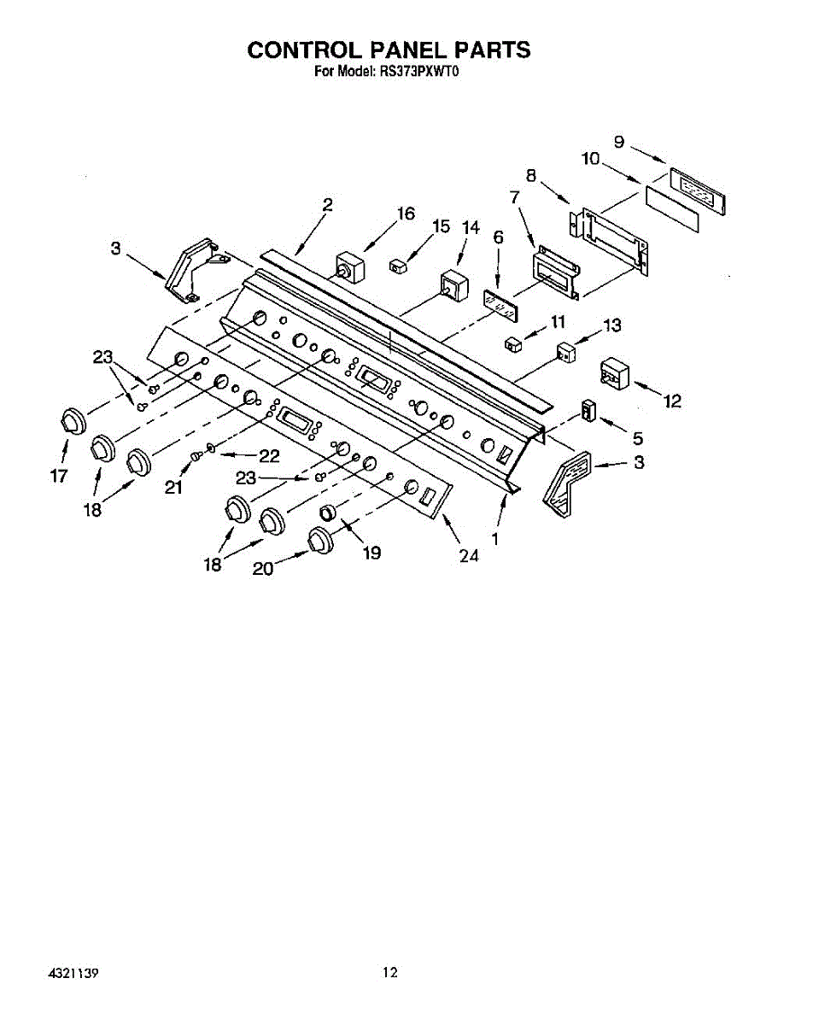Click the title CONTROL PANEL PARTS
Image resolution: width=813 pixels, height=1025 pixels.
(x=389, y=50)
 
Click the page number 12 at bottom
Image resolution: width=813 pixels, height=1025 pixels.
(x=389, y=971)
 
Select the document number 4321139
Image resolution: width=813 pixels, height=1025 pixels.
(x=69, y=973)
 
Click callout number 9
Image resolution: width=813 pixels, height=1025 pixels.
(x=619, y=142)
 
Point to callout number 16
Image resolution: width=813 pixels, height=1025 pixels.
(x=406, y=214)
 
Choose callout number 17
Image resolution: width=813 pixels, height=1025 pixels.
(x=58, y=477)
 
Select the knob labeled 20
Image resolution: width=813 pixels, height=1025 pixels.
(x=320, y=540)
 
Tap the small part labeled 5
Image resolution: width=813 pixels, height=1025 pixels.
(x=587, y=410)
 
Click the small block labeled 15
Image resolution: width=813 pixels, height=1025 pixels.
(x=397, y=266)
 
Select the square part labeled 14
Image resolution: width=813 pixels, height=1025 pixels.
(x=453, y=286)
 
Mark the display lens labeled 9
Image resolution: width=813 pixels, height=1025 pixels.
(x=697, y=189)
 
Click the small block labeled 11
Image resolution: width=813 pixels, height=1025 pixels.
(x=512, y=344)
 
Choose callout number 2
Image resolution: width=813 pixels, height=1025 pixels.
(x=327, y=205)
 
